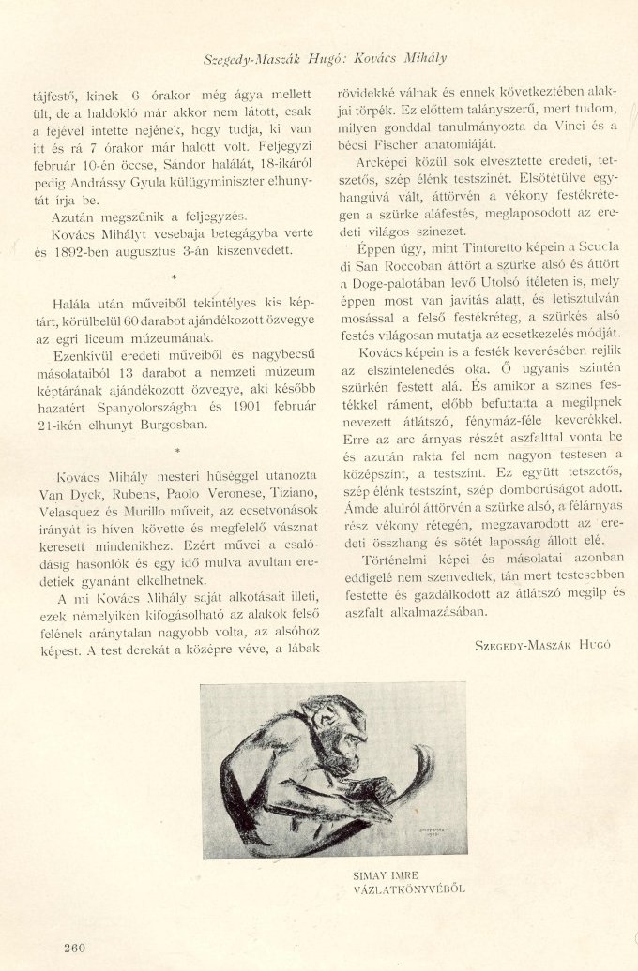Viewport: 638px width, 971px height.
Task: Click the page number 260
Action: [x=75, y=947]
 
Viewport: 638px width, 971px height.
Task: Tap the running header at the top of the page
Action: [x=325, y=58]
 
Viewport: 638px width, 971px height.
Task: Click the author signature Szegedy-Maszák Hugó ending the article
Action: [x=543, y=646]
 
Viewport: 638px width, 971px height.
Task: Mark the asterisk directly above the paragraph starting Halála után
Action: [x=174, y=279]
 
